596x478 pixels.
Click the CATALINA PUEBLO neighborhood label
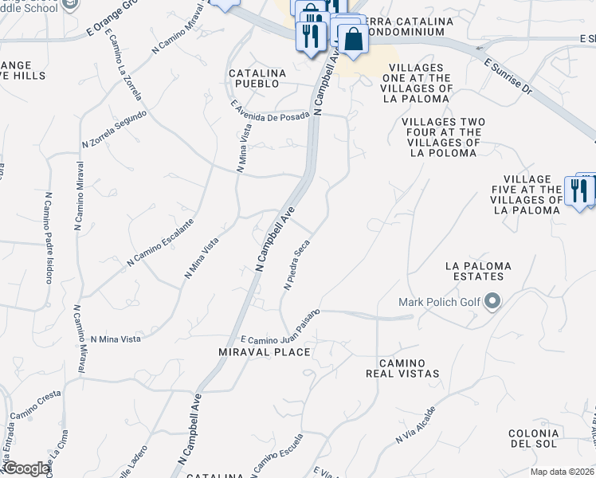pos(257,77)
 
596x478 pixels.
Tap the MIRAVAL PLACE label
pos(264,351)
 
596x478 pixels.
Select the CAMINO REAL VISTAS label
pos(402,367)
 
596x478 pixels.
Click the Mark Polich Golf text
pos(441,302)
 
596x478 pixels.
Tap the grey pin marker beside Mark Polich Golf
pos(492,301)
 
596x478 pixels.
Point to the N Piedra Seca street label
pos(296,265)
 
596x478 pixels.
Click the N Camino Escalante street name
pos(161,242)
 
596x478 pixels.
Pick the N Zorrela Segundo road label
pos(114,129)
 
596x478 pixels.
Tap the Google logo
pos(25,468)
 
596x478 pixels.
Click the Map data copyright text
pos(561,471)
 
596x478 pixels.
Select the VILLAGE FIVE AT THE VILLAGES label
pos(527,194)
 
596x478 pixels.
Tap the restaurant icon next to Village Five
pos(578,190)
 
